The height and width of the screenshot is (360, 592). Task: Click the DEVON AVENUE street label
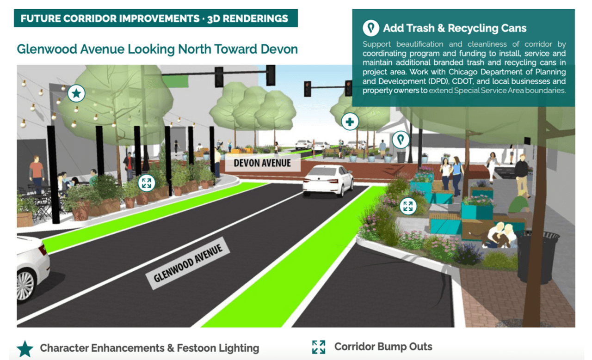pyautogui.click(x=262, y=164)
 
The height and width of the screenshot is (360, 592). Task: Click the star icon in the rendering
pyautogui.click(x=76, y=93)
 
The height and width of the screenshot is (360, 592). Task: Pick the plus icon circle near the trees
pyautogui.click(x=350, y=122)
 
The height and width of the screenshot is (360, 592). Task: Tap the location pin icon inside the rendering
pyautogui.click(x=401, y=139)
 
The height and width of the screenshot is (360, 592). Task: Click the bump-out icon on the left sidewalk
pyautogui.click(x=147, y=182)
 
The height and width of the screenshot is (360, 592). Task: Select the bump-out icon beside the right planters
pyautogui.click(x=407, y=206)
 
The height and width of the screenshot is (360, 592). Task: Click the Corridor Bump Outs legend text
pyautogui.click(x=383, y=347)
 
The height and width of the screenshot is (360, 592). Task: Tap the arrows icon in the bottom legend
pyautogui.click(x=318, y=347)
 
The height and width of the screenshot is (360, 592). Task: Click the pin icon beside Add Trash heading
pyautogui.click(x=370, y=28)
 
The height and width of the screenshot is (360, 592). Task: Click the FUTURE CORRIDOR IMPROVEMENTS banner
pyautogui.click(x=155, y=18)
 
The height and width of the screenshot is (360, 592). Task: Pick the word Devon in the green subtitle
pyautogui.click(x=279, y=49)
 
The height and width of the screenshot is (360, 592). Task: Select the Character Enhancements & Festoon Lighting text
pyautogui.click(x=149, y=348)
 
